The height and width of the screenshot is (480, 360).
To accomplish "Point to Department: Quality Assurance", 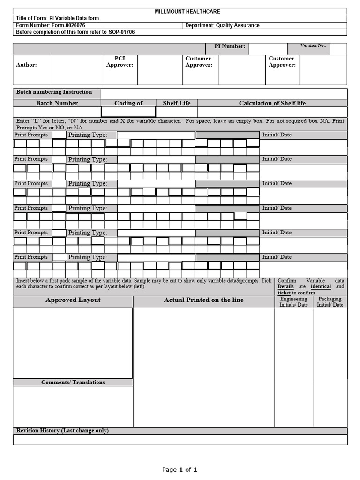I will point(222,25).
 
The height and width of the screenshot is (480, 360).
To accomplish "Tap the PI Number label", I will point(230,46).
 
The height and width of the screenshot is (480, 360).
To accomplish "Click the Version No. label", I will point(313,45).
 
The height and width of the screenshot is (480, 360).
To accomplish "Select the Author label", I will point(26,65).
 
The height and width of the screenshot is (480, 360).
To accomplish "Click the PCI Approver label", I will point(120,61).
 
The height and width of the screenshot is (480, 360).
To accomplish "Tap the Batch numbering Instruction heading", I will point(54,92).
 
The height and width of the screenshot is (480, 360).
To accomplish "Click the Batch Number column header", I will point(57,103).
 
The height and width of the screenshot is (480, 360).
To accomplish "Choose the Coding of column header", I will point(128,103).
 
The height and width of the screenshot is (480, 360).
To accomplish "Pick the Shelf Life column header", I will point(176,103).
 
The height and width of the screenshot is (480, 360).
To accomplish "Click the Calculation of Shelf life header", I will point(272,103).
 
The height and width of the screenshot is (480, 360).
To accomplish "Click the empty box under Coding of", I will point(128,112).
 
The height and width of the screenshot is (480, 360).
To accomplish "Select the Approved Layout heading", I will point(73,300).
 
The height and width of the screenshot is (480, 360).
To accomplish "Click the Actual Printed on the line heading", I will point(203,300).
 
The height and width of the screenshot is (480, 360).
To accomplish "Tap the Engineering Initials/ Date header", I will point(293,301).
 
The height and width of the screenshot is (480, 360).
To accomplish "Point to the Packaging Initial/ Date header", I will point(330,301).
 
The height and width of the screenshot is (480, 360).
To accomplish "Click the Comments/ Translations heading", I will point(73,382).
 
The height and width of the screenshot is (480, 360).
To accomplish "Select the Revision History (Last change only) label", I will point(62,430).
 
